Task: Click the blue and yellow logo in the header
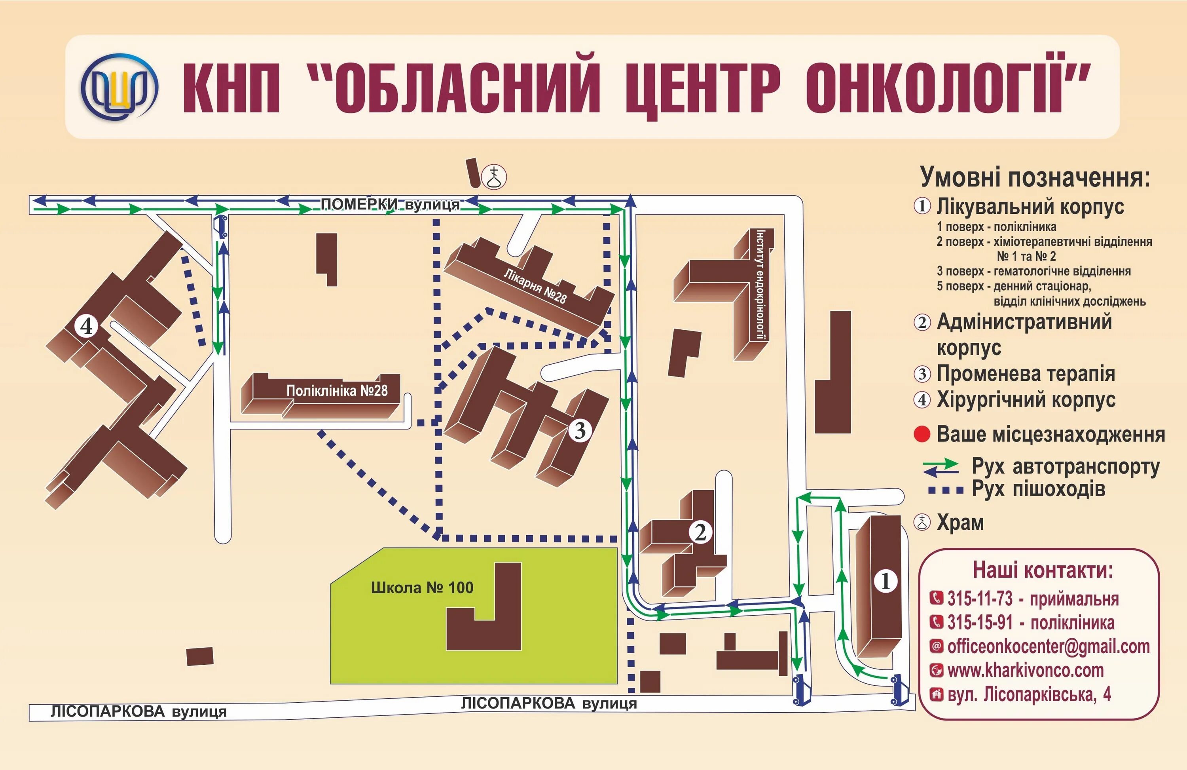pos(120,86)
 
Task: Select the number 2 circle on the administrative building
pos(701,533)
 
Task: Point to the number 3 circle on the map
pos(580,430)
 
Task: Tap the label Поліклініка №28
pos(337,390)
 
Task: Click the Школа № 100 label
pos(422,588)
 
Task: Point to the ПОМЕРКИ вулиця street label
pos(389,204)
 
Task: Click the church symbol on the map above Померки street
pos(495,177)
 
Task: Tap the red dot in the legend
pos(922,434)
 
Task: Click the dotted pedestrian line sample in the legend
pos(946,491)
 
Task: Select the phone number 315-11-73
pos(980,598)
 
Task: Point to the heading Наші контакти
pos(1042,570)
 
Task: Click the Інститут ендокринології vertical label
pos(760,285)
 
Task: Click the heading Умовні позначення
pos(1035,177)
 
